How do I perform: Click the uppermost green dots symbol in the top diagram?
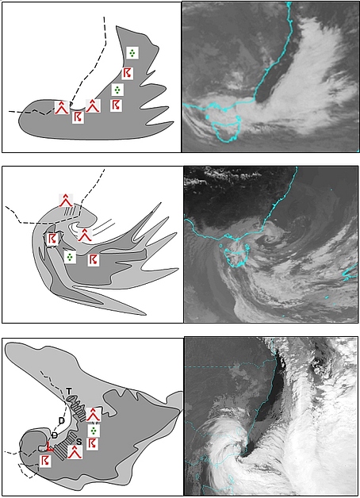tap(132, 52)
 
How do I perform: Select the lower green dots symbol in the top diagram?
tap(117, 90)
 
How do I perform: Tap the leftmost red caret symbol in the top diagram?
tap(62, 107)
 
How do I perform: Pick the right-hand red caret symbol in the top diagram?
tap(93, 105)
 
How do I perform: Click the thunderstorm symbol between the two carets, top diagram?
tap(78, 117)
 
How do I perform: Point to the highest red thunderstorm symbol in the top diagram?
tap(127, 74)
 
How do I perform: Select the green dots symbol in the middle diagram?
tap(70, 257)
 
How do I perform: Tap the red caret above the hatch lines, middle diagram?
tap(66, 200)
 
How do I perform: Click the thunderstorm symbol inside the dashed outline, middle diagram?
tap(52, 239)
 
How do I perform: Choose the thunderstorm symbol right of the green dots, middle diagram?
tap(94, 260)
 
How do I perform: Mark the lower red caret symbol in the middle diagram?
tap(84, 235)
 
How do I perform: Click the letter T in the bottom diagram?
tap(69, 391)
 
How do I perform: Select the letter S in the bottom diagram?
tap(79, 441)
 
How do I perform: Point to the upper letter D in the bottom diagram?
tap(62, 420)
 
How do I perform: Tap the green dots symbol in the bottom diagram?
tap(94, 431)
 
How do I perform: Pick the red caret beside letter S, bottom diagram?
tap(75, 452)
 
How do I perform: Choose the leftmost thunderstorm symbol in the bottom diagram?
tap(45, 462)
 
